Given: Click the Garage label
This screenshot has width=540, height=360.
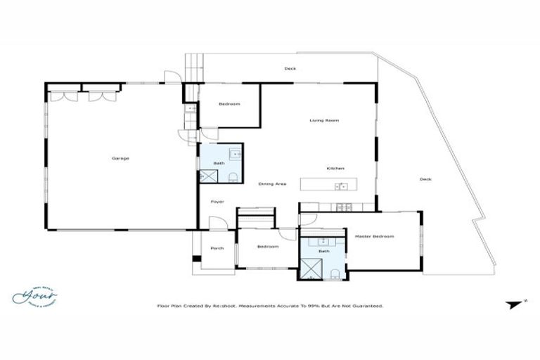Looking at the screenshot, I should pos(120,158).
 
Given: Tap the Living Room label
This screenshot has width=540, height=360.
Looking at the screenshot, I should pos(324,121).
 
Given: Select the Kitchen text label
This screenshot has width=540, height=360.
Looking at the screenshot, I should pos(335,169).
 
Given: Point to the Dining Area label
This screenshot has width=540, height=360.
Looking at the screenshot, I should pos(272,184).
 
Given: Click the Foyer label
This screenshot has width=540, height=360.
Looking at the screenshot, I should pos(217,202).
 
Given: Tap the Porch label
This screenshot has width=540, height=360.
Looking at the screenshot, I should pos(217,247).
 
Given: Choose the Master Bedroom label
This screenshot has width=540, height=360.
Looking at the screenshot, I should pos(373,236).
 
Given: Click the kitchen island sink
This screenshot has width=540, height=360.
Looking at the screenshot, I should pos(341,186).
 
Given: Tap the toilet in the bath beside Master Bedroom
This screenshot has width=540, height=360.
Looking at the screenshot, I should pos(335,274).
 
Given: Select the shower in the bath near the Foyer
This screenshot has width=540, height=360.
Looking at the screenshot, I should pos(208,176).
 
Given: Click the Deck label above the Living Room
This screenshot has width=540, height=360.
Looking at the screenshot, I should pos(289,69).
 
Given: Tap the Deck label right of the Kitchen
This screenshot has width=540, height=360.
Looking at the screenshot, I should pos(425,179).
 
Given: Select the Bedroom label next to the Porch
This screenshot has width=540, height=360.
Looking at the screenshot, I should pos(267,247).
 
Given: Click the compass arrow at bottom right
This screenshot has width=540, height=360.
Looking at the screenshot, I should pos(508,304).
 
